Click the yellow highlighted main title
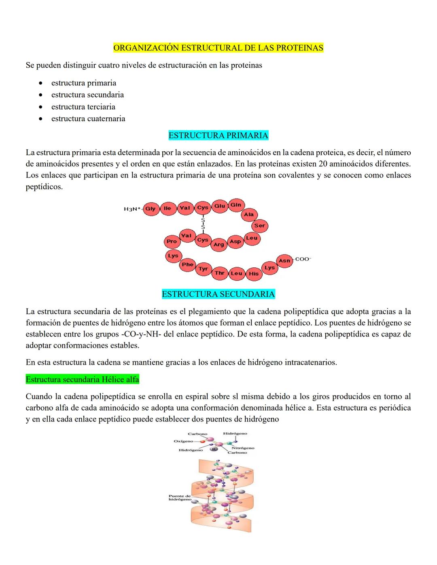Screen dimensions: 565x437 pyautogui.click(x=218, y=48)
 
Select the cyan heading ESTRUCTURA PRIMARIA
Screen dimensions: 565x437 pyautogui.click(x=218, y=135)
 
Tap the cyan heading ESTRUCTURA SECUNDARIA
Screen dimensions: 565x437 pyautogui.click(x=218, y=294)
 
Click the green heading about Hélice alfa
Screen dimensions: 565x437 pyautogui.click(x=82, y=379)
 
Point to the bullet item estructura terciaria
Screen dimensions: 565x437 pyautogui.click(x=83, y=107)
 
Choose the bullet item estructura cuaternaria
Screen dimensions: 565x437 pyautogui.click(x=88, y=119)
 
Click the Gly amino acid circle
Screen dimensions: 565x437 pyautogui.click(x=151, y=209)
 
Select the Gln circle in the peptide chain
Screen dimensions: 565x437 pyautogui.click(x=236, y=205)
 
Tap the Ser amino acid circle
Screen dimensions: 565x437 pyautogui.click(x=259, y=226)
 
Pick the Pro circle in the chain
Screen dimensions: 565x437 pyautogui.click(x=172, y=241)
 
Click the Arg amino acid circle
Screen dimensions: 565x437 pyautogui.click(x=218, y=244)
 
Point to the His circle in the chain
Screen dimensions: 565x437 pyautogui.click(x=254, y=273)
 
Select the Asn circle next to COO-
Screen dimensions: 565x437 pyautogui.click(x=284, y=260)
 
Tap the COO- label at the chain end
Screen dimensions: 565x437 pyautogui.click(x=303, y=259)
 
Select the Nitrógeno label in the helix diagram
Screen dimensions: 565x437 pyautogui.click(x=243, y=448)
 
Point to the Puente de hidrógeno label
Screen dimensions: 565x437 pyautogui.click(x=180, y=497)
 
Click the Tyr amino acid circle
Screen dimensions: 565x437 pyautogui.click(x=203, y=269)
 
